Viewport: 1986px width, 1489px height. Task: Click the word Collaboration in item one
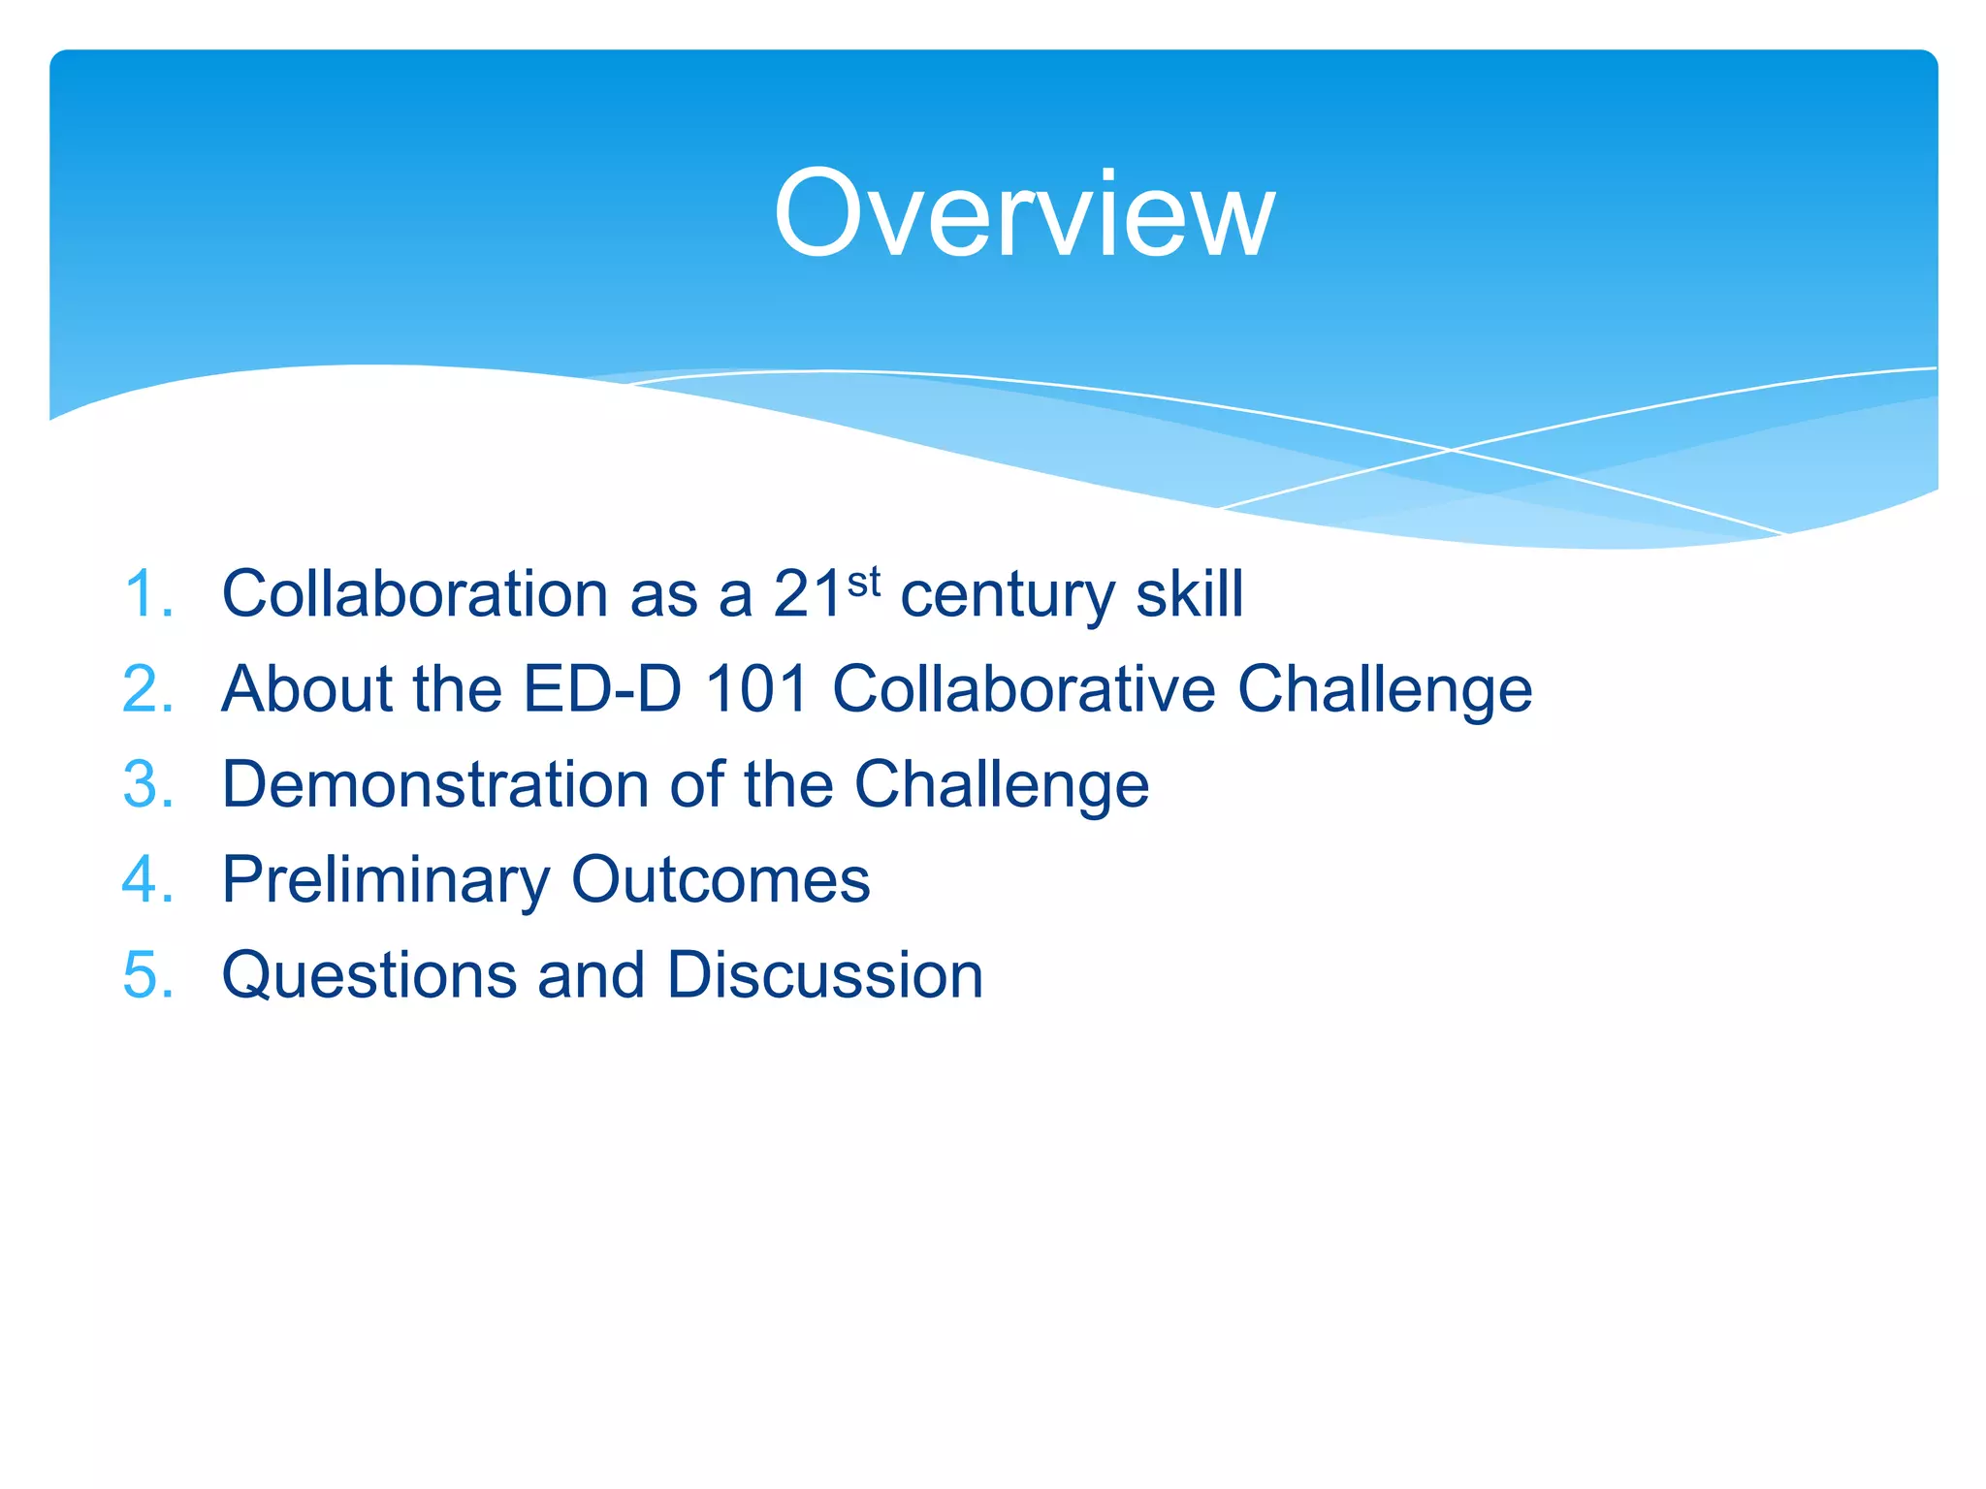pos(414,593)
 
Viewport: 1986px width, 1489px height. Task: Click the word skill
pos(1189,593)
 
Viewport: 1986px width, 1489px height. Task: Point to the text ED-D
pos(602,689)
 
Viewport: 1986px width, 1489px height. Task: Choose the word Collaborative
pos(1024,689)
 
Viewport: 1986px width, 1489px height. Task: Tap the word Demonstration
pos(434,784)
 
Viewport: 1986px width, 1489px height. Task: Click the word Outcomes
pos(721,879)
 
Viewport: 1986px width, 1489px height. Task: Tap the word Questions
pos(368,974)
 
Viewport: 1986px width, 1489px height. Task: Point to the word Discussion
pos(824,974)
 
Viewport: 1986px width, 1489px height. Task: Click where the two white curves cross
pos(1451,450)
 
